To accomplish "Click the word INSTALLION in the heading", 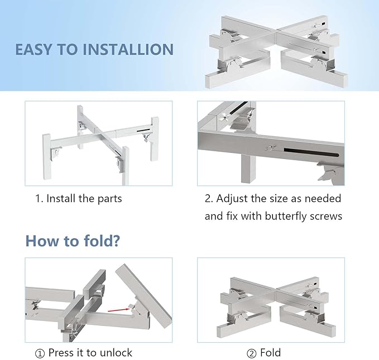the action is tap(128, 49).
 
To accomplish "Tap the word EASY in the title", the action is tap(33, 49).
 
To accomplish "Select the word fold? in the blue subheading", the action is tap(102, 241).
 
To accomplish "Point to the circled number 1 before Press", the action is tap(40, 354).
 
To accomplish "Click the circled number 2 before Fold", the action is tap(251, 354).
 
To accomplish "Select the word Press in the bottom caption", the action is tap(61, 353).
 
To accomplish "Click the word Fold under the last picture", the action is tap(271, 353).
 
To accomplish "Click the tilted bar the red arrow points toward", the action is tap(144, 296).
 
